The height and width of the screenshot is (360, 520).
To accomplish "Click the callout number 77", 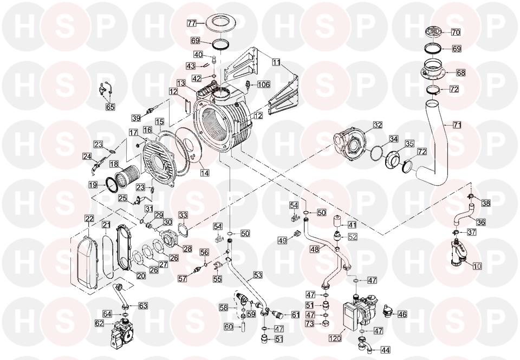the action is pyautogui.click(x=192, y=23).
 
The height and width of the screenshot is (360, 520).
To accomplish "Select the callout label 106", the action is pyautogui.click(x=264, y=84).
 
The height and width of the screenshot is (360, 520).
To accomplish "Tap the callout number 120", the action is pyautogui.click(x=336, y=338).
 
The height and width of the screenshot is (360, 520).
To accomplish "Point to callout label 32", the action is pyautogui.click(x=378, y=125).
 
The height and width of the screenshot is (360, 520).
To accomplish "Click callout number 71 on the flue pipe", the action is pyautogui.click(x=457, y=125).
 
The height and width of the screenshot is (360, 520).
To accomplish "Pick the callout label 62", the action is pyautogui.click(x=100, y=323).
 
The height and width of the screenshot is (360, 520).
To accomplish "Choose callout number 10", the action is pyautogui.click(x=477, y=265).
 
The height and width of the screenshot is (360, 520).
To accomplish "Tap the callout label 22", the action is pyautogui.click(x=89, y=219).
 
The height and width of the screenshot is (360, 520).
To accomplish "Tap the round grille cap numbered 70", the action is pyautogui.click(x=434, y=32).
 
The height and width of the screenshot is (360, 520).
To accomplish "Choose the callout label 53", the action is pyautogui.click(x=258, y=275).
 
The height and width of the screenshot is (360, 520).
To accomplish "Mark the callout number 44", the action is pyautogui.click(x=385, y=349).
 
